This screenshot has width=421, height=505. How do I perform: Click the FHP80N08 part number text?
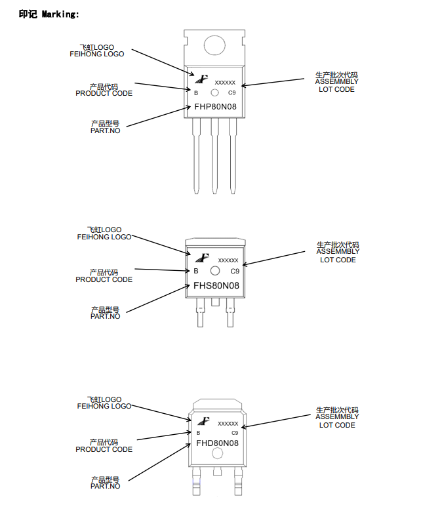[215, 106]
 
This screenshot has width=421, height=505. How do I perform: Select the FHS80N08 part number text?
[216, 285]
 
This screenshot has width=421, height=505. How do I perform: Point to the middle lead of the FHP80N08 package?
[214, 157]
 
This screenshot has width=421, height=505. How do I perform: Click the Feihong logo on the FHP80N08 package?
[201, 79]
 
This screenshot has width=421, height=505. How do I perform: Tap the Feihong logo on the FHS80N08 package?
[201, 258]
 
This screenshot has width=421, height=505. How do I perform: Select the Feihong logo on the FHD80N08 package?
[203, 421]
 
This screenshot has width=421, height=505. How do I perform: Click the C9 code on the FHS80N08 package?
[234, 271]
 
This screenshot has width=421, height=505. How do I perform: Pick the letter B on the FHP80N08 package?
[196, 93]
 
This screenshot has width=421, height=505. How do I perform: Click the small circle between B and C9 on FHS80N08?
[214, 271]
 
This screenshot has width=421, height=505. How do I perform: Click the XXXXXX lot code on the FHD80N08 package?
[228, 424]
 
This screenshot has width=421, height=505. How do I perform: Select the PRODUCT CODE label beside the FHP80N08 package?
[104, 93]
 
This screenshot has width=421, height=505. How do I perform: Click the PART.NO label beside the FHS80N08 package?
[105, 316]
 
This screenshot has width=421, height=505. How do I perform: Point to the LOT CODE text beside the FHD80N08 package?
[337, 425]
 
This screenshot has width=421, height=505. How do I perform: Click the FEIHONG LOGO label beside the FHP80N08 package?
[96, 54]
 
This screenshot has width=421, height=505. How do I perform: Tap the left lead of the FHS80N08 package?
[198, 315]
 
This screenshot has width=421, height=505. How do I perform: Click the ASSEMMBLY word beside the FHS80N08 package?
[338, 251]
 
